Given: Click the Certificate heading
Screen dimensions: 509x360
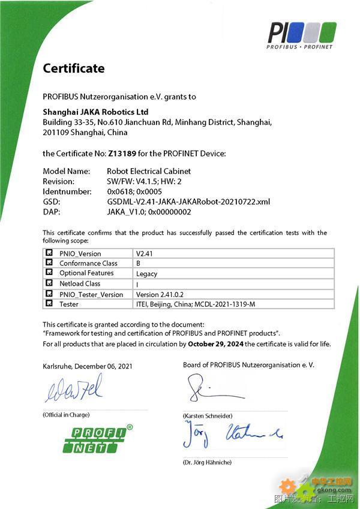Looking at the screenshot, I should point(73,68).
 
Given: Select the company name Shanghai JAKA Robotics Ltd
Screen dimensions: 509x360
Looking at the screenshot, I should point(95,112).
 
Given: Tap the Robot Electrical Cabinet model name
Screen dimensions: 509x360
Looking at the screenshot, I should point(148,171).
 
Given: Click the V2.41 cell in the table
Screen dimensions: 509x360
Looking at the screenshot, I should point(145,253).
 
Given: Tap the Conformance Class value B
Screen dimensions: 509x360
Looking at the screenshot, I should point(139,264).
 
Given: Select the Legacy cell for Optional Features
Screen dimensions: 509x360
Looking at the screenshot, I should point(146,274).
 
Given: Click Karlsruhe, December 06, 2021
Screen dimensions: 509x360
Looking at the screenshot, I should point(88,366).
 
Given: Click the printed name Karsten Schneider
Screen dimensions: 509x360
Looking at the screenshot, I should point(208,416).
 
